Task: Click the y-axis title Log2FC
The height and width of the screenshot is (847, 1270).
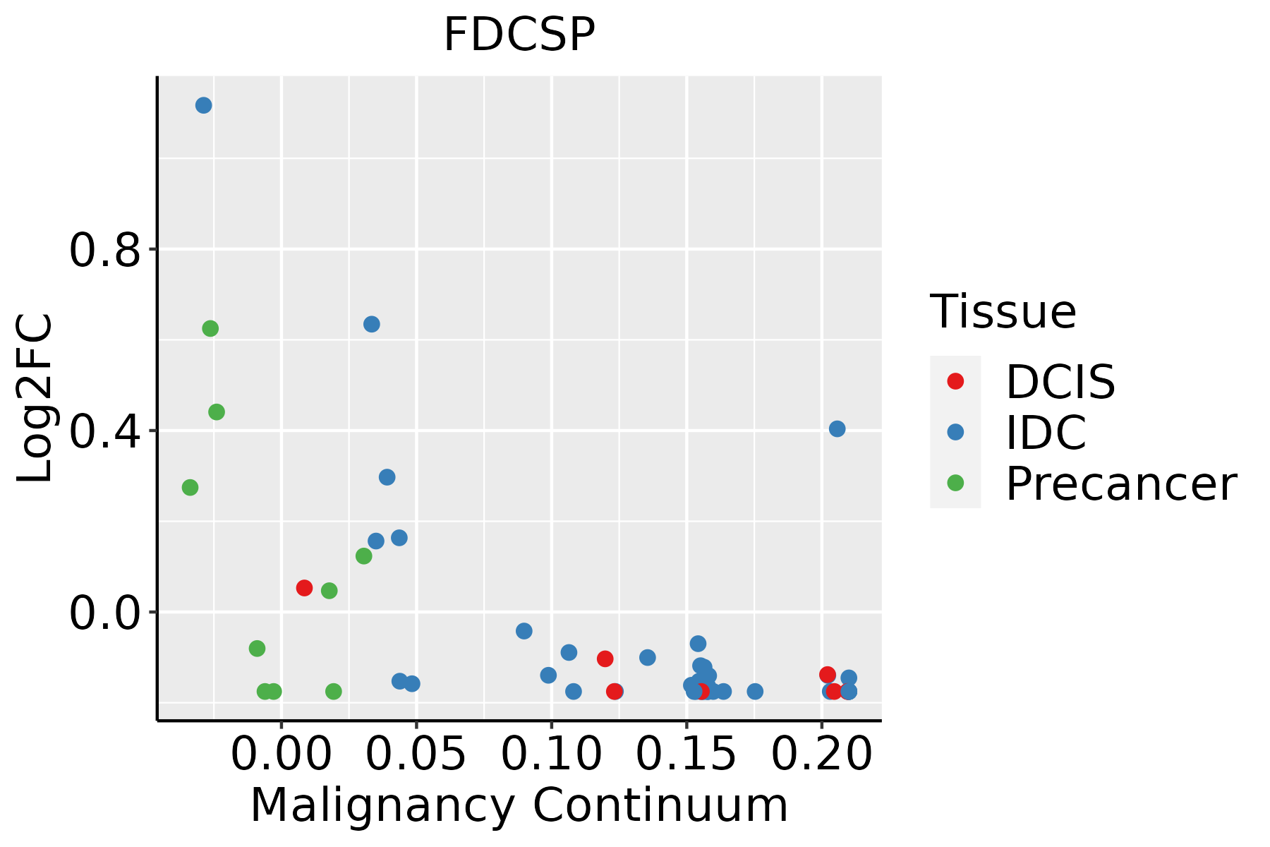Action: pos(35,398)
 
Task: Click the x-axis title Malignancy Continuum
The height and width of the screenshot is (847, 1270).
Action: pos(519,805)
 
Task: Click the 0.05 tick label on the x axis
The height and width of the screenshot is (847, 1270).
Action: pos(417,755)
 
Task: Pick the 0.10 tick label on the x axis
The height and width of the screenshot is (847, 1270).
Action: pos(552,755)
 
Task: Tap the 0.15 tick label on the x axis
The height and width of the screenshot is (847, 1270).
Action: pos(687,755)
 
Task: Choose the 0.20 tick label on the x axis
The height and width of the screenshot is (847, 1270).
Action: pos(822,755)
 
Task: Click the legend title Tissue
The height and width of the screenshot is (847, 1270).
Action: pos(1003,311)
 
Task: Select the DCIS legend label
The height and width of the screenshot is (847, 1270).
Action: pos(1060,382)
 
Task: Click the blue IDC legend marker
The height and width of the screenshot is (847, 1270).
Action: pos(955,432)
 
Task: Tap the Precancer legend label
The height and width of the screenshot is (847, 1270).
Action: pos(1120,483)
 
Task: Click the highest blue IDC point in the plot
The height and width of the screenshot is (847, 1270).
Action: pos(204,106)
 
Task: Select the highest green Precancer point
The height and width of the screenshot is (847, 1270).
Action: pos(210,328)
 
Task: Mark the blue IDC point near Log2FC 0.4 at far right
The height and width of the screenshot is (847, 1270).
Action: pos(837,428)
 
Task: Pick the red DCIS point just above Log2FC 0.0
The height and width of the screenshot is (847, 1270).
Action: pos(304,588)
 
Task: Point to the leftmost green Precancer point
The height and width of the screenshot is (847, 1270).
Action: pos(190,487)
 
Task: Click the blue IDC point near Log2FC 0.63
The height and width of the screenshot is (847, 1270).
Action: pos(372,324)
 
